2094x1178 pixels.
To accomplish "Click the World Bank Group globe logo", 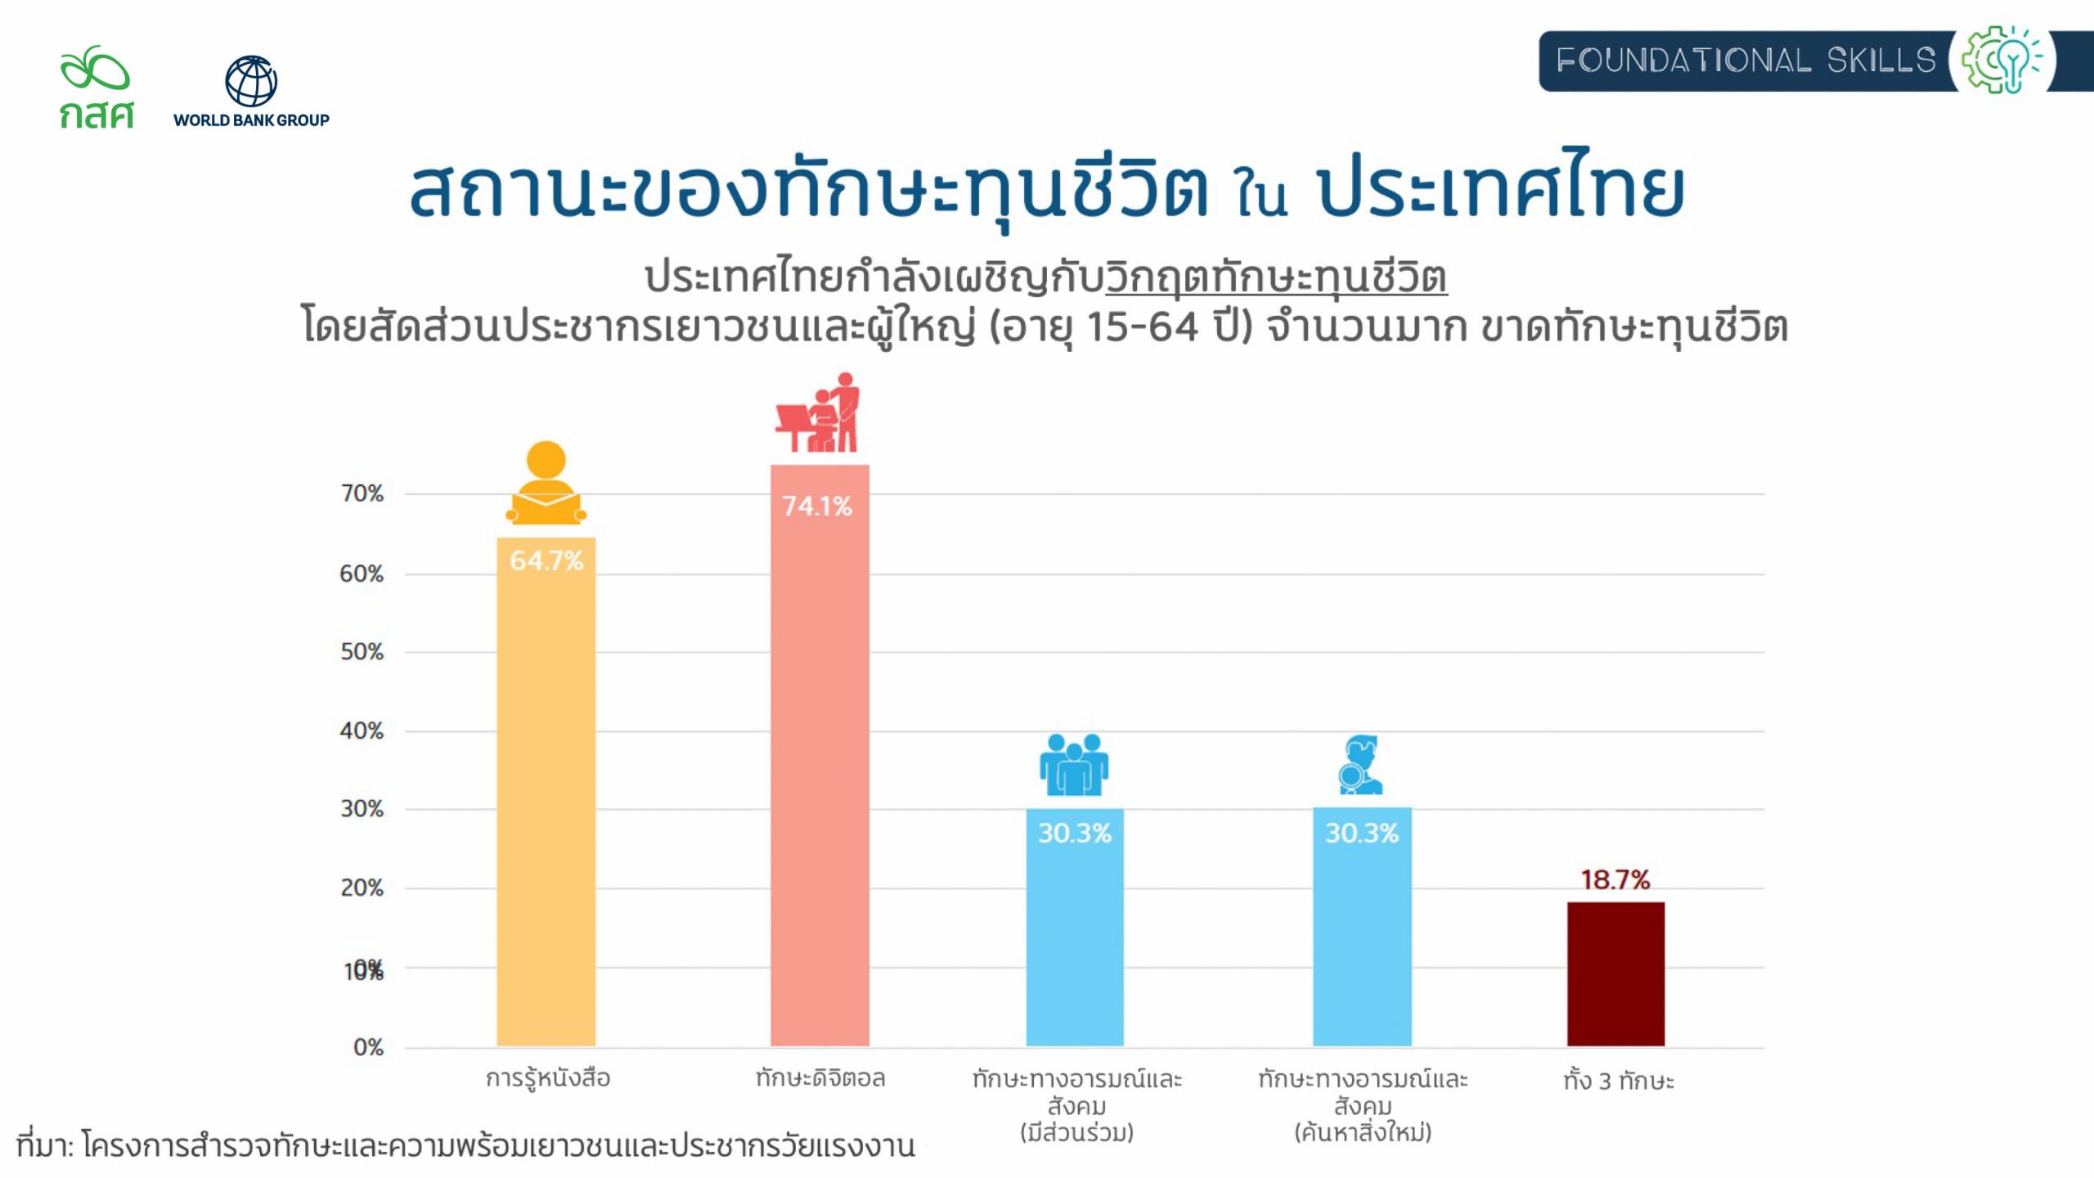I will tap(251, 82).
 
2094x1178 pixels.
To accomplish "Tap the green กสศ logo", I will tap(96, 88).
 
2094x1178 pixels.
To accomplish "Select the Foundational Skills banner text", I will tap(1746, 61).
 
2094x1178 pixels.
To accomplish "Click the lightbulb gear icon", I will tap(2001, 60).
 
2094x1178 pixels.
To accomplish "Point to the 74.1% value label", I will tap(817, 506).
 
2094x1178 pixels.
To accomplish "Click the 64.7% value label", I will tap(546, 561).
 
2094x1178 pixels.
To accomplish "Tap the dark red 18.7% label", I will tap(1615, 880).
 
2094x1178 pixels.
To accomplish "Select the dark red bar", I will tap(1615, 973).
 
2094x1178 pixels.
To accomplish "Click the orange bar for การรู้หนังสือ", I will tap(546, 802).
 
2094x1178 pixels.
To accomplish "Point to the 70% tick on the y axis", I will tap(362, 493).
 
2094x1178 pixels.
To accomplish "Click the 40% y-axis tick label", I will tap(362, 731).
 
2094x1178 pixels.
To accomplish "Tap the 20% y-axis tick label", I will tap(362, 888).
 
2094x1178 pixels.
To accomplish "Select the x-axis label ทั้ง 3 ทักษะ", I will tap(1619, 1081).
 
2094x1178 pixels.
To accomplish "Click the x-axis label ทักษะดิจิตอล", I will tap(820, 1078).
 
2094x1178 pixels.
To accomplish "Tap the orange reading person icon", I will tap(546, 483).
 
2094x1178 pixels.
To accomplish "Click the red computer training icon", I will tap(819, 413).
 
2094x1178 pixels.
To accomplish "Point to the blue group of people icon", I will tap(1074, 765).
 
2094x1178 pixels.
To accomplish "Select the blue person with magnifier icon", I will tap(1360, 765).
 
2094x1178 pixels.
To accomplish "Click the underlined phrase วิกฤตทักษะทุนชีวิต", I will tap(1276, 277).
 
